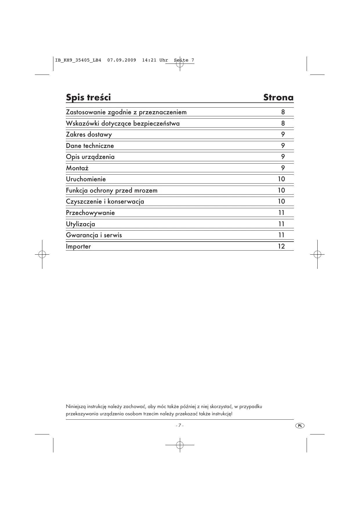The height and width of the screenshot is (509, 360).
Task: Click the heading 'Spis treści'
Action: coord(88,97)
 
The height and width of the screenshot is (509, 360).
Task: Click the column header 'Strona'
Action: coord(278,97)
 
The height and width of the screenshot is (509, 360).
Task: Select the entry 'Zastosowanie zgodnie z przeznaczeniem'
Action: coord(126,112)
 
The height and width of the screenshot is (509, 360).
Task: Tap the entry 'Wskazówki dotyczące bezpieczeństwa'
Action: coord(123,124)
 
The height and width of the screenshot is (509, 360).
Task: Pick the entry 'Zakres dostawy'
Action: coord(89,135)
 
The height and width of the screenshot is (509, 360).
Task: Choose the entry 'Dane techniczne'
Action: coord(90,146)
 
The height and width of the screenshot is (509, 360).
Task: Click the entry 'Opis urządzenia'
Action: coord(90,157)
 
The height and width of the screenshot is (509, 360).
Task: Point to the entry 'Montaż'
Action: coord(77,168)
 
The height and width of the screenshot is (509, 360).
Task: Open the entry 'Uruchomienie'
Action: coord(86,179)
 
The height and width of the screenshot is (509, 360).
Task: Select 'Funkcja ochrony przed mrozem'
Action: coord(112,191)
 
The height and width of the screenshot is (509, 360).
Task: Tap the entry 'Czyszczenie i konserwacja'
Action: coord(105,202)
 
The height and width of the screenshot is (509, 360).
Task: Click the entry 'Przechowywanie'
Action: coord(90,213)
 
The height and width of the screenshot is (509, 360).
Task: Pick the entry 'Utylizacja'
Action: coord(80,224)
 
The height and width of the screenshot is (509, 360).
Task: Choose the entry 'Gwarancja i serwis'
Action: coord(94,235)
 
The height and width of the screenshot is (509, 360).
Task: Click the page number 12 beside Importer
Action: coord(281,247)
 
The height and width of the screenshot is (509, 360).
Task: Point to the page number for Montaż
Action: coord(283,168)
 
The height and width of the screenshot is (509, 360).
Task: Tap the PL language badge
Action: coord(300,425)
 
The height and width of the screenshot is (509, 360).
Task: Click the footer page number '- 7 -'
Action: coord(180,425)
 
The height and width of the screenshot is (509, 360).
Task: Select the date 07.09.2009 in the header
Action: coord(122,60)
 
